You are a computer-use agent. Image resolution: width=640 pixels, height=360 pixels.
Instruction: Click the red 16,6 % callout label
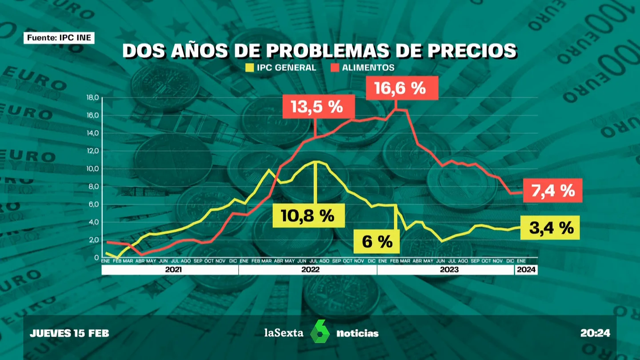pos(402,88)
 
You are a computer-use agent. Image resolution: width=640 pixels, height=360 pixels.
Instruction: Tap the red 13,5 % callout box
pos(319,107)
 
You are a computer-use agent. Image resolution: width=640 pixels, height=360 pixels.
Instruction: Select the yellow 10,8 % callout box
pos(308,216)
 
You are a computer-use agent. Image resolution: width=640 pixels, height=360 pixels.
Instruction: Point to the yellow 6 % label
pos(376,241)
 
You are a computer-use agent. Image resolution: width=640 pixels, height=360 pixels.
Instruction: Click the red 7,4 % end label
pos(553,191)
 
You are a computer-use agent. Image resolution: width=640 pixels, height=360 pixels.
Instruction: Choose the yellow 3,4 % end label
pos(550,228)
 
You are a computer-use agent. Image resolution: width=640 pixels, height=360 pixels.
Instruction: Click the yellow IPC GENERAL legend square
pos(249,68)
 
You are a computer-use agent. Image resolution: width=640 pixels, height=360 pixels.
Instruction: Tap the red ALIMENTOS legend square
pos(335,68)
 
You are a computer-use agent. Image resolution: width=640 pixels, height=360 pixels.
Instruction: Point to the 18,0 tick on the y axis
pos(92,98)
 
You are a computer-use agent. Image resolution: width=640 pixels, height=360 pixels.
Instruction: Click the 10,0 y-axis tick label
pos(92,168)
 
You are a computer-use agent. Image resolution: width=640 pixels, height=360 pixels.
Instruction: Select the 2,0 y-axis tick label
pos(94,240)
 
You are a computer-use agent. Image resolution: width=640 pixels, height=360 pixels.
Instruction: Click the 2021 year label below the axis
pos(173,270)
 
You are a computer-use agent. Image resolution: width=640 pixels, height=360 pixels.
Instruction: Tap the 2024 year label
pos(526,270)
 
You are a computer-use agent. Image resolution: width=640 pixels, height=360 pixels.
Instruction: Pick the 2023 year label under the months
pos(449,270)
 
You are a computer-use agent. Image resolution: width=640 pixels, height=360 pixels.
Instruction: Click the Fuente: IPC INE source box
pos(59,38)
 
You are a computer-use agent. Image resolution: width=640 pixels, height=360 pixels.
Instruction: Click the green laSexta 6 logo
pos(320,332)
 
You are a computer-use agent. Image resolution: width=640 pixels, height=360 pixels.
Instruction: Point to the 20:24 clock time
pos(596,333)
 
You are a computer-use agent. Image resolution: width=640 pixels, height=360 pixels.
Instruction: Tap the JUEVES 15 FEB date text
pos(69,333)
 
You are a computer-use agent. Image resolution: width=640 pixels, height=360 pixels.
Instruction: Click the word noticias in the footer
pos(357,333)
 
